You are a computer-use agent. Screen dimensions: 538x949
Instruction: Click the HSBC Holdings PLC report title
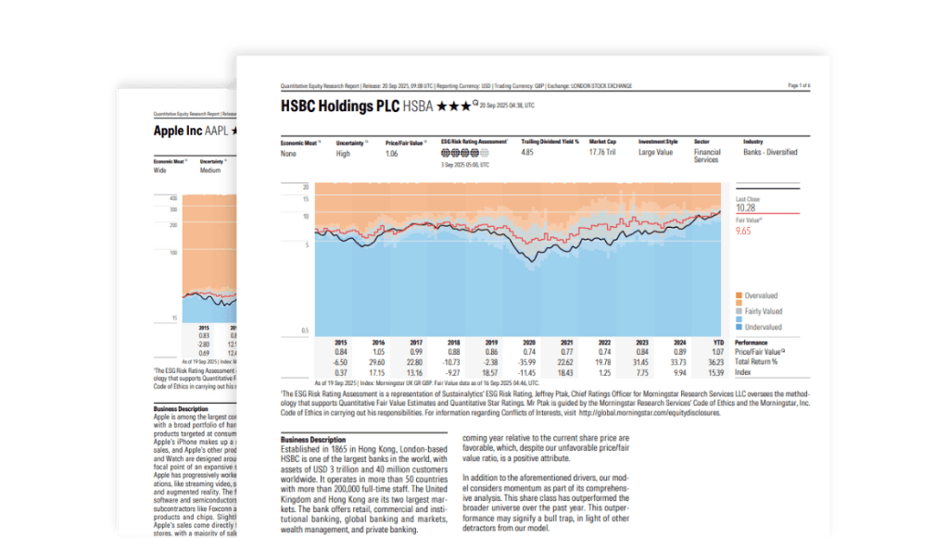(x=340, y=106)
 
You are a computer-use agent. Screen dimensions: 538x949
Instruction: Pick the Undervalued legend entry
(x=761, y=327)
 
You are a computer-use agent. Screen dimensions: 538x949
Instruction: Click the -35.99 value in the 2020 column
(x=528, y=362)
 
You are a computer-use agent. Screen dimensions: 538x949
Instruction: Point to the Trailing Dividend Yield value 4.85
(x=527, y=152)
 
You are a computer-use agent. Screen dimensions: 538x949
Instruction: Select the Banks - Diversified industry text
(x=769, y=152)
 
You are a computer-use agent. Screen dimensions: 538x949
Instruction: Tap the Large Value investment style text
(x=657, y=152)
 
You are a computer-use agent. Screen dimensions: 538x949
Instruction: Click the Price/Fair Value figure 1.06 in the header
(x=393, y=152)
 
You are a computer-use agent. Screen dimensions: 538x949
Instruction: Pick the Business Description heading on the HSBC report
(x=313, y=439)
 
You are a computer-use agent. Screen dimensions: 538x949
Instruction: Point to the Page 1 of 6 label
(x=798, y=85)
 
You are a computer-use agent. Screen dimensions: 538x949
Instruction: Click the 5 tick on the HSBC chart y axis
(x=305, y=245)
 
